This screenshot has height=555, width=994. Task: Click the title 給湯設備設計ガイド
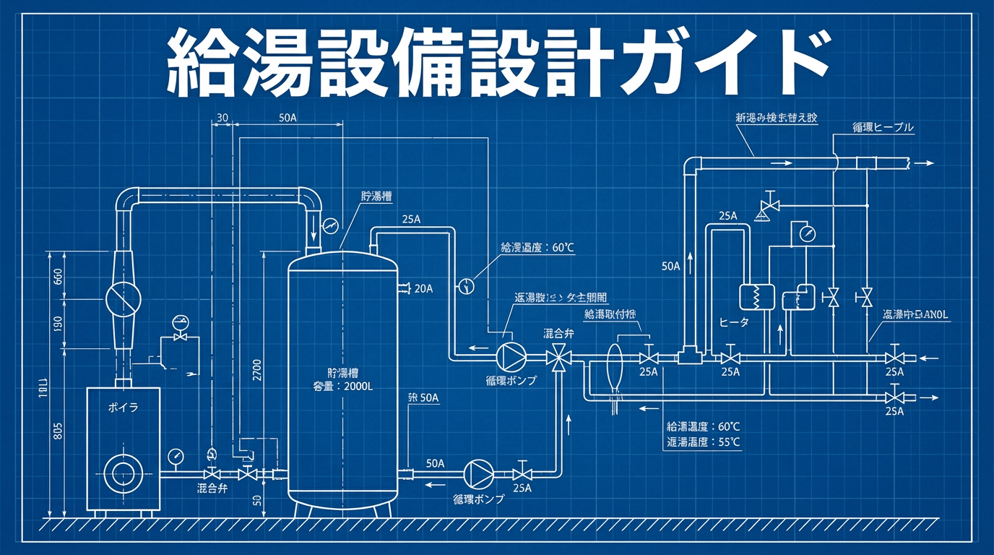tap(497, 64)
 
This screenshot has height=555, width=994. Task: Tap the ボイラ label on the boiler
tap(123, 408)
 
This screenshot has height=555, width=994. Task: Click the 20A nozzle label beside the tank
tap(423, 289)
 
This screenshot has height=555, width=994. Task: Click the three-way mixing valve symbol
tap(558, 357)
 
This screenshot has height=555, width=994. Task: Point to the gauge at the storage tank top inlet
tap(331, 225)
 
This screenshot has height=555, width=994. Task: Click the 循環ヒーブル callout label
tap(883, 127)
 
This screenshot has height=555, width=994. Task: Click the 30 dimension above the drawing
tap(222, 117)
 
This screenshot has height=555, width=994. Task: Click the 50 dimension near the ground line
tap(257, 500)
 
